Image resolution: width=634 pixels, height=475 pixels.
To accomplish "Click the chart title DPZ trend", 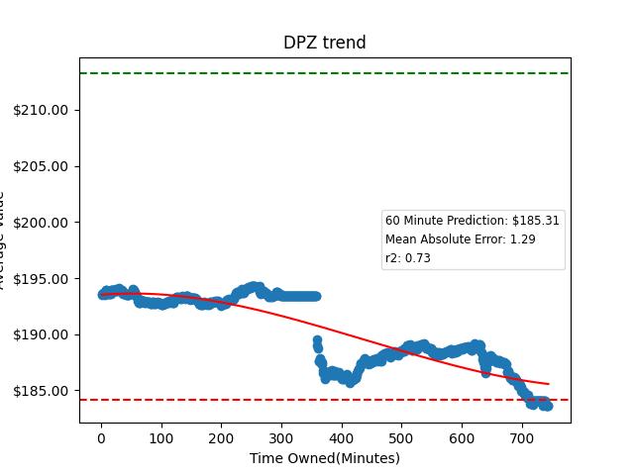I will [x=324, y=43].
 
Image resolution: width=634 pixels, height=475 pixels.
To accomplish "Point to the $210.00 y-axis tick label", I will [x=41, y=110].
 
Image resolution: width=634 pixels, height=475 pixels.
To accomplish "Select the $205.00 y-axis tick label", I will [x=41, y=166].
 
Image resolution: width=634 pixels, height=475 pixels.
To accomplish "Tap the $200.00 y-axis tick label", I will [x=41, y=223].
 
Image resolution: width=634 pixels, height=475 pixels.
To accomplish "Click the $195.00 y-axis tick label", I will [x=41, y=279].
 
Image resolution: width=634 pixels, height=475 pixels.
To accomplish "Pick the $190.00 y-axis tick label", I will [x=41, y=335].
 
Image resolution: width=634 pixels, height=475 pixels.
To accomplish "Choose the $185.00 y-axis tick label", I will [x=41, y=392].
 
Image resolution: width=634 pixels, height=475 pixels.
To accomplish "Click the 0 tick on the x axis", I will [x=101, y=436].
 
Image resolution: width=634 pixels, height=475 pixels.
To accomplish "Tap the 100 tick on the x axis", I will [x=161, y=436].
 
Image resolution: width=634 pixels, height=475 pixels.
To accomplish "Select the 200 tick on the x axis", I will [x=221, y=436].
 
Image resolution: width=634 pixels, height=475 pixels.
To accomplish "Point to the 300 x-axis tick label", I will [x=281, y=436].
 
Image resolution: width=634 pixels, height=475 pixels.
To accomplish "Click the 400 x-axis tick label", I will [x=342, y=436].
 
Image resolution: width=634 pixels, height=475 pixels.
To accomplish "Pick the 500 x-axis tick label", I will [x=402, y=436].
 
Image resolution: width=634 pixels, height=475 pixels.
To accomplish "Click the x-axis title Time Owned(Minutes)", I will [x=325, y=458].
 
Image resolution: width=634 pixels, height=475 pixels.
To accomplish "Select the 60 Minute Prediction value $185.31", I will [x=536, y=221].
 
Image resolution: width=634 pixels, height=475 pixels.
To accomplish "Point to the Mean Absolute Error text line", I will [x=460, y=239].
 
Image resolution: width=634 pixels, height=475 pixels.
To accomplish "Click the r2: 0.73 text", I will [x=407, y=258].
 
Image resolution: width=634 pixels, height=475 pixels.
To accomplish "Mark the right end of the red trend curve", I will [x=548, y=384].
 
